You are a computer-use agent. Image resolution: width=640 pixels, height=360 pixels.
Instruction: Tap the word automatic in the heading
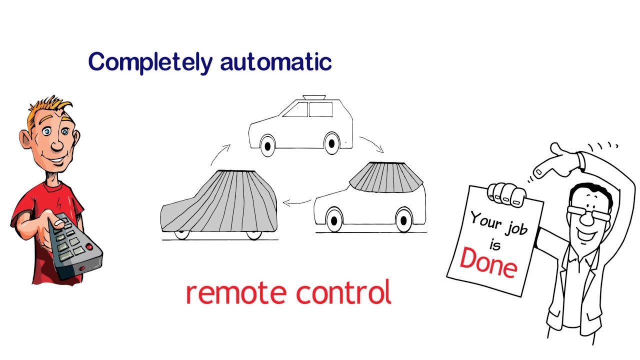(x=275, y=62)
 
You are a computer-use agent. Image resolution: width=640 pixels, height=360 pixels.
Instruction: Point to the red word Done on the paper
(x=488, y=261)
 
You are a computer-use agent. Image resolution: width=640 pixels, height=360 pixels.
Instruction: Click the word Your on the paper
(x=484, y=220)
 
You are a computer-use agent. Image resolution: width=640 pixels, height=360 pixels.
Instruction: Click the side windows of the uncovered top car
(x=308, y=109)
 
